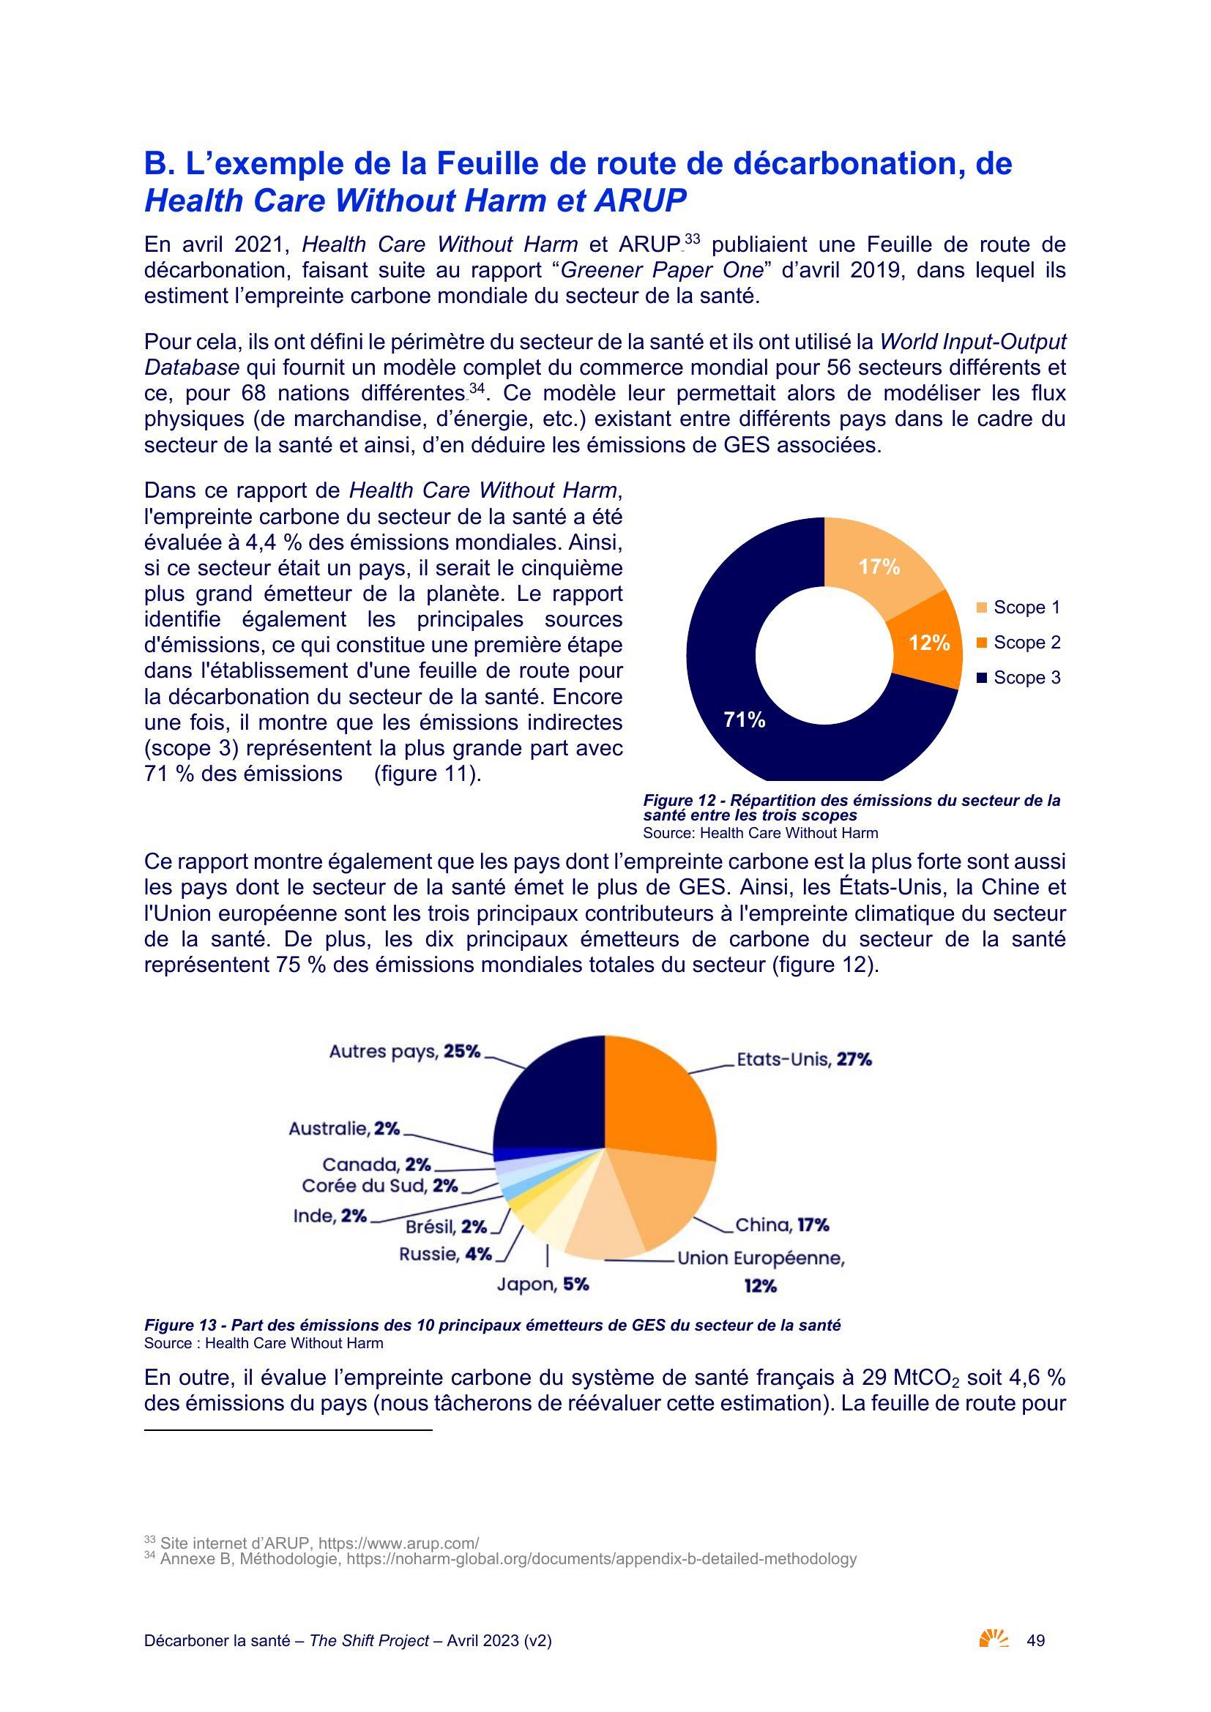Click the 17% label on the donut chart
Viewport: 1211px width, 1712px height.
coord(879,567)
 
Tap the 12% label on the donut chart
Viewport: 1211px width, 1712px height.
coord(929,643)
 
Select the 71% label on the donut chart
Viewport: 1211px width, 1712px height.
coord(745,719)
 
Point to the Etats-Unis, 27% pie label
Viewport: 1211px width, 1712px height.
coord(804,1060)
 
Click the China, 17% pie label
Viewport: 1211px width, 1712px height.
coord(782,1225)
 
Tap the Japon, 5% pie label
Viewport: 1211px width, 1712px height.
coord(543,1284)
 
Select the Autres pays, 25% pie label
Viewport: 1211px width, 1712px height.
coord(405,1051)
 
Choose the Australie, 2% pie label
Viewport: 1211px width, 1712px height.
coord(345,1128)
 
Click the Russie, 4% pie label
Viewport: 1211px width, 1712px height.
coord(445,1255)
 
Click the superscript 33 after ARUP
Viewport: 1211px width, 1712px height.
coord(692,239)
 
